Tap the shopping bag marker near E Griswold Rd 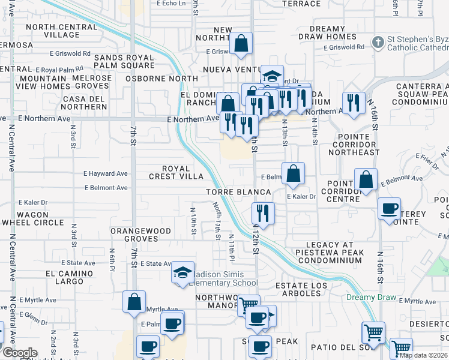click(241, 44)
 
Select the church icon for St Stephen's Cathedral click(378, 43)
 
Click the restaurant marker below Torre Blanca click(262, 212)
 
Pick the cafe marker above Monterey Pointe click(389, 208)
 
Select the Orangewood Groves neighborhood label click(142, 235)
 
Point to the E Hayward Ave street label click(106, 173)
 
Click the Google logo click(19, 353)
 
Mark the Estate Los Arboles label click(298, 289)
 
